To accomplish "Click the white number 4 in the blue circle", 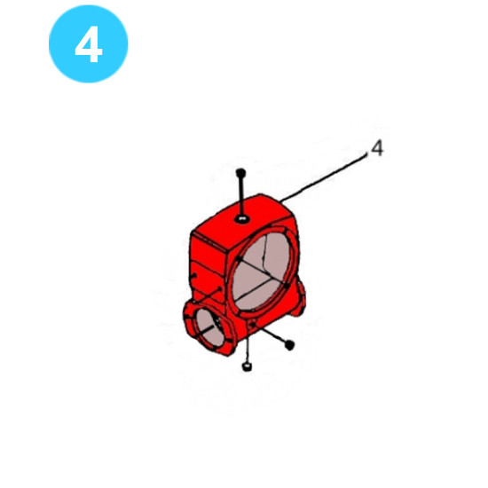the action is pos(89,43).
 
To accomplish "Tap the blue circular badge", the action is pos(89,43).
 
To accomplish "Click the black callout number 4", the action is pos(377,148).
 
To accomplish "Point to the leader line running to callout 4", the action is pos(324,177).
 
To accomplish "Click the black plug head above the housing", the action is pos(240,172).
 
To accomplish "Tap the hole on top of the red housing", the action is pos(242,219).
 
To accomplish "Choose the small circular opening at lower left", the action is pos(209,327).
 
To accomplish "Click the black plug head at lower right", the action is pos(289,345).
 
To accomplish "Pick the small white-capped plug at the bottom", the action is pos(247,366).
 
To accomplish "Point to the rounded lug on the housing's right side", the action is pos(299,295).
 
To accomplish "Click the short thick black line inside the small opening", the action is pos(207,328).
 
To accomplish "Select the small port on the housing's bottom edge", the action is pos(252,326).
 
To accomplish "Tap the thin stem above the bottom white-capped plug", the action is pos(248,350).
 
